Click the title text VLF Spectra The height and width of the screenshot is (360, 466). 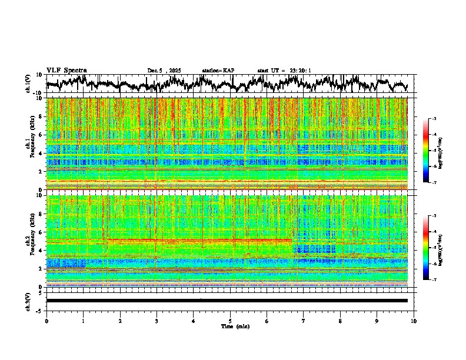click(x=66, y=71)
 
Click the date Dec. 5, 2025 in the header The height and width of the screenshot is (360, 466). click(x=164, y=71)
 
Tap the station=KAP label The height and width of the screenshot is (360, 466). click(x=218, y=71)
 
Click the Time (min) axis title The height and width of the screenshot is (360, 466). click(x=235, y=326)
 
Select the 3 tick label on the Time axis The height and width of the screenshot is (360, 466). click(x=157, y=321)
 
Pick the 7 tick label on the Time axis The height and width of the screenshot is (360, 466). click(x=304, y=321)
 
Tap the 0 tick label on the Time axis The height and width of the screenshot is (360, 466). click(x=46, y=321)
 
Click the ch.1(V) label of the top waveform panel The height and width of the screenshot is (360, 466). click(x=28, y=84)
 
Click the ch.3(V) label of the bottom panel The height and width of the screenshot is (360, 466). click(x=28, y=301)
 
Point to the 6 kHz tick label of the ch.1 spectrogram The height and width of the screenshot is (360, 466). click(x=41, y=135)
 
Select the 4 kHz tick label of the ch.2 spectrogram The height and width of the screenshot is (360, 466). click(x=41, y=250)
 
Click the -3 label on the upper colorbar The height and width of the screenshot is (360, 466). click(x=434, y=119)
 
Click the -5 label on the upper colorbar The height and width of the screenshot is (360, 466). click(x=434, y=151)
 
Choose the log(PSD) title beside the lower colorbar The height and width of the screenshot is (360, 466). click(x=441, y=248)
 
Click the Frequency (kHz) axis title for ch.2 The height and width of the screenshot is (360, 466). click(x=33, y=240)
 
